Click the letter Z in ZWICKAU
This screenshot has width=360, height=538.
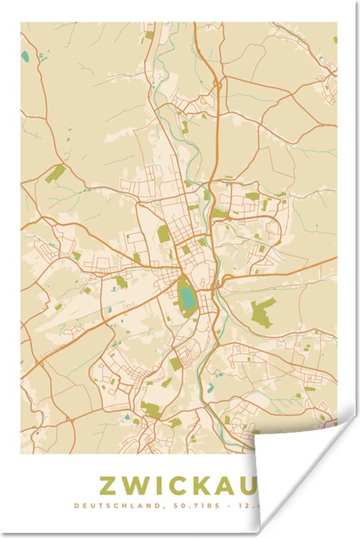pos(109,486)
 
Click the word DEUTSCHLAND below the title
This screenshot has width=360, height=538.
pos(107,505)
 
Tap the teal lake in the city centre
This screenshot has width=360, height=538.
pos(187,298)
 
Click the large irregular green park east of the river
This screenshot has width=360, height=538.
pos(263,312)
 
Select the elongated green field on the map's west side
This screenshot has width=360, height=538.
pos(56,173)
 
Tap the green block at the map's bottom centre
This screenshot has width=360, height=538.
pos(151,410)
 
